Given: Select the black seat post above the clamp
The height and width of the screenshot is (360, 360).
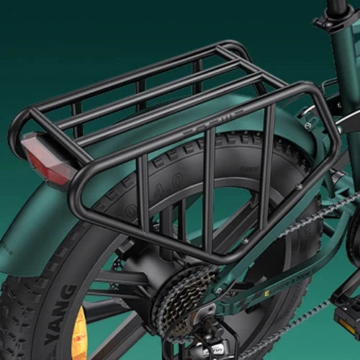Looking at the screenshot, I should click(x=338, y=5).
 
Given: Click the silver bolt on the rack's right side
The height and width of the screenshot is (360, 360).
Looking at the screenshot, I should click(x=298, y=188).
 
